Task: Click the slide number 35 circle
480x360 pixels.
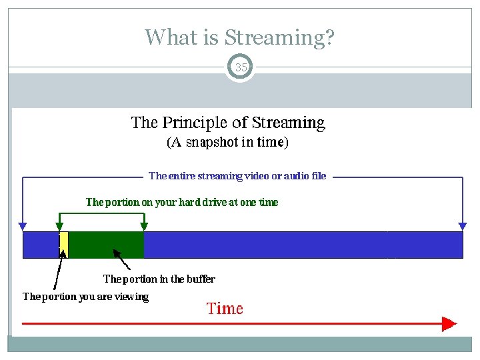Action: [x=240, y=67]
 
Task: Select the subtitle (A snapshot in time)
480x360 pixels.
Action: [x=227, y=142]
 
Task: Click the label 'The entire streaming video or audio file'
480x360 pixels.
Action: [x=237, y=176]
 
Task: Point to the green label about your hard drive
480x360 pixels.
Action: [x=182, y=202]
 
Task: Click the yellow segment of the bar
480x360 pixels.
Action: [x=64, y=245]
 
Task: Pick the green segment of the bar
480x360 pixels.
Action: [x=106, y=245]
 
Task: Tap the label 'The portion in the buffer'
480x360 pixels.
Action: [x=159, y=279]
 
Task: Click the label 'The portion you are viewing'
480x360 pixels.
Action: [x=85, y=297]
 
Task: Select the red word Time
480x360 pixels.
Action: [x=225, y=309]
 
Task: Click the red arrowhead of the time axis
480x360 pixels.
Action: [x=449, y=324]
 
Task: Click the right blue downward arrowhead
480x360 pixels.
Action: [x=463, y=225]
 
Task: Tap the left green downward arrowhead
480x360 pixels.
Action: [x=59, y=226]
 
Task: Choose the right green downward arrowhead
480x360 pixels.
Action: [x=144, y=226]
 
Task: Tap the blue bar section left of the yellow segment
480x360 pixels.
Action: [x=41, y=245]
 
